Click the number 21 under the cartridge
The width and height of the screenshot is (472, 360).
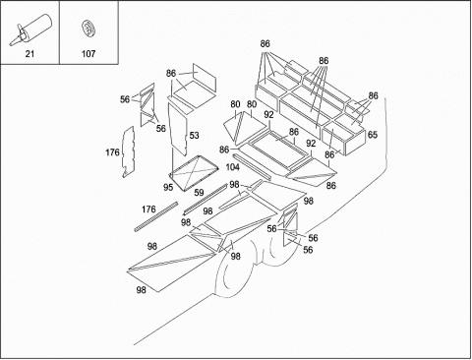pos(29,54)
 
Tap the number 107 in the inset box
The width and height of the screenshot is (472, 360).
pos(88,54)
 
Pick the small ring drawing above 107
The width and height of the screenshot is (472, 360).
pos(88,28)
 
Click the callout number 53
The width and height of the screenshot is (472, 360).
pos(194,136)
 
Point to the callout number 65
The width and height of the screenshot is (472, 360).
pos(373,135)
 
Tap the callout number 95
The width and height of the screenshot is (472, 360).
pos(168,187)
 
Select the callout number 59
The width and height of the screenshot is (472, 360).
pos(199,193)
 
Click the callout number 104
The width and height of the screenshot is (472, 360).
pos(233,167)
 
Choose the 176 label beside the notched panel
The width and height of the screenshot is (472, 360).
pos(112,152)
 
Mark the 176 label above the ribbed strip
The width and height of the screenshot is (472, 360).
pos(148,210)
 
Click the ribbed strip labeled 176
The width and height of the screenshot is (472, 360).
pos(156,216)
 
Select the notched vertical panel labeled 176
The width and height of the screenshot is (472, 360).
pos(129,152)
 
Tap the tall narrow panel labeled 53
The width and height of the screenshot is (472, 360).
pos(178,129)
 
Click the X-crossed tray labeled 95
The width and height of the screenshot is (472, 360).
pos(194,173)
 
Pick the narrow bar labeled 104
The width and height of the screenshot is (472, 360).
pos(252,165)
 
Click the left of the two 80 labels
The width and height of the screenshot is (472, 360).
pos(235,104)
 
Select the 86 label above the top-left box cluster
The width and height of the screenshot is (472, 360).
pos(265,43)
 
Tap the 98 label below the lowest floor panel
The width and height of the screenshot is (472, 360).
pos(142,290)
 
